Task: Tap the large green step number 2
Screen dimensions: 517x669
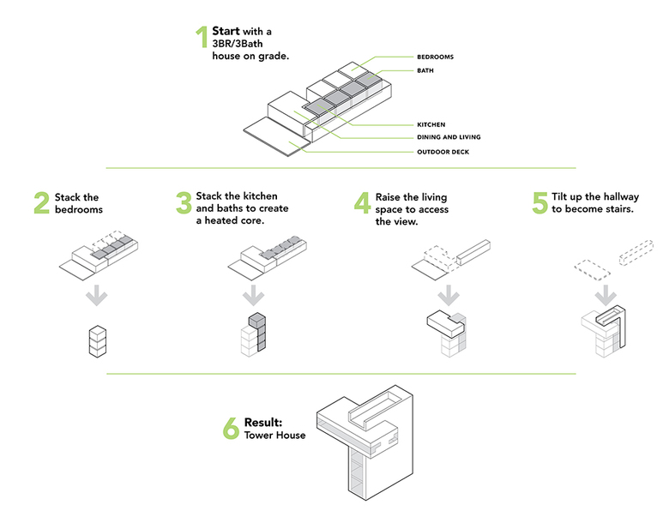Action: [41, 203]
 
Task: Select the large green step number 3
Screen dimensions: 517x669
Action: [183, 203]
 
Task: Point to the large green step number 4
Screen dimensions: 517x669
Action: [362, 203]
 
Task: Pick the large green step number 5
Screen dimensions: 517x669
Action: [539, 203]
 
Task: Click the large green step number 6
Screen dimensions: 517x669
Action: [230, 429]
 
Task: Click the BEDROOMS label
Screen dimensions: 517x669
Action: [435, 57]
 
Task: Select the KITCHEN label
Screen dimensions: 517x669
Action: [431, 125]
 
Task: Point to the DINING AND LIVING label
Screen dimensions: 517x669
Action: [449, 137]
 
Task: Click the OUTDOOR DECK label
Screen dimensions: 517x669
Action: [442, 153]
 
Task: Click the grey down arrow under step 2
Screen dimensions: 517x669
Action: [99, 297]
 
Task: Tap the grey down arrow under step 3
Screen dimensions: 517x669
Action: [253, 297]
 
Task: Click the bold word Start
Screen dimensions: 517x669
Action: [226, 32]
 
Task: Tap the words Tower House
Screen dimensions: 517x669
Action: [274, 436]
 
